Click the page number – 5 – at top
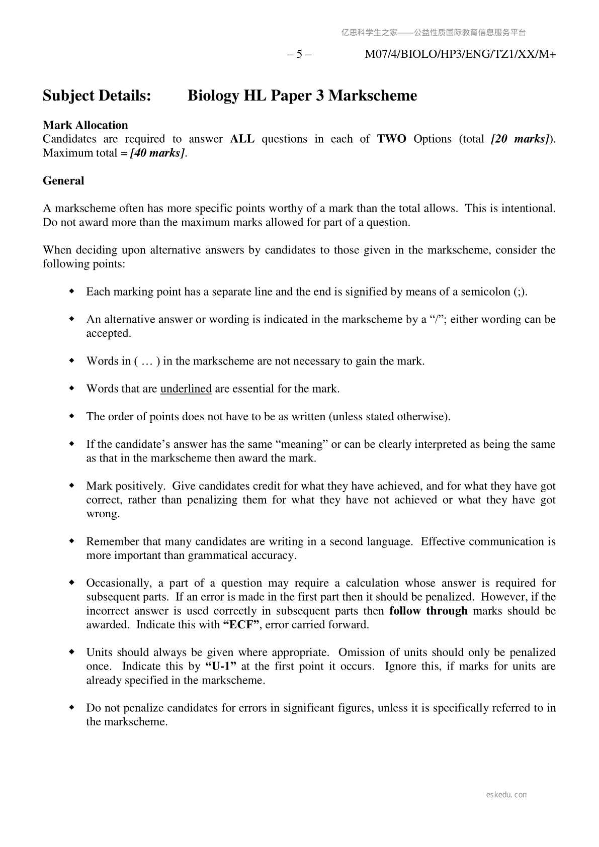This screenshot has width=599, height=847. coord(299,54)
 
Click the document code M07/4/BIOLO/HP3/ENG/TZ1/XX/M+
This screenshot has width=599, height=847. coord(460,54)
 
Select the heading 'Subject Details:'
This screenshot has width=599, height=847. coord(97,96)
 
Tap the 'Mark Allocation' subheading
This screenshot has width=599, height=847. coord(85,125)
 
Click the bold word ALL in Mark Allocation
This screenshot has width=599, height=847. coord(242,139)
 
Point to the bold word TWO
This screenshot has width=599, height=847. coord(391,139)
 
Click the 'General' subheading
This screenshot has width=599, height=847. coord(63,181)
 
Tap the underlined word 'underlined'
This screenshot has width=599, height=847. coord(186,389)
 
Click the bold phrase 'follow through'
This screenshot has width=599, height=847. coord(428,611)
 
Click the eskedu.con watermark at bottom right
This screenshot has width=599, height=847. coord(506,795)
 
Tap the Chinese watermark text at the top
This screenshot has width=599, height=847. coord(433,33)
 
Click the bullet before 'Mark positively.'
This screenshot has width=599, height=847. coord(72,486)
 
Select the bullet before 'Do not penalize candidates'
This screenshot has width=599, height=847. coord(72,707)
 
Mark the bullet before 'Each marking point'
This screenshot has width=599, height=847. coord(72,292)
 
